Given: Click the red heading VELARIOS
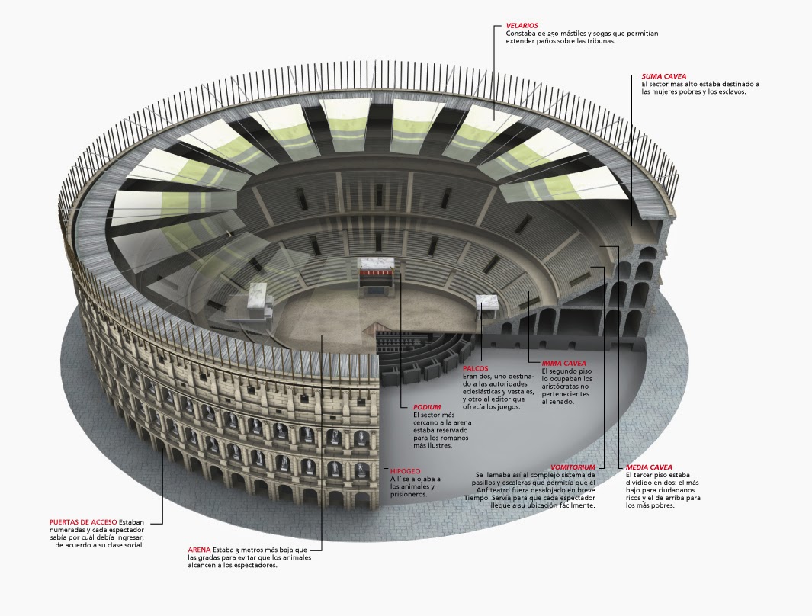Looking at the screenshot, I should tap(522, 26).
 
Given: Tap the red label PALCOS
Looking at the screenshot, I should tap(475, 368).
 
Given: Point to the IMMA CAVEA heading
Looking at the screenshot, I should tap(563, 364).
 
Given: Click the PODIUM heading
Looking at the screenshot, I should tap(427, 407).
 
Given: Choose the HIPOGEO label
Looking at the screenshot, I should tap(405, 471).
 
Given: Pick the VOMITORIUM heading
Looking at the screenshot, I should tap(573, 467).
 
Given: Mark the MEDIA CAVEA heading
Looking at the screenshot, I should tap(649, 467).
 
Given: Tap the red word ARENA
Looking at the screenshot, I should tap(199, 550).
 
